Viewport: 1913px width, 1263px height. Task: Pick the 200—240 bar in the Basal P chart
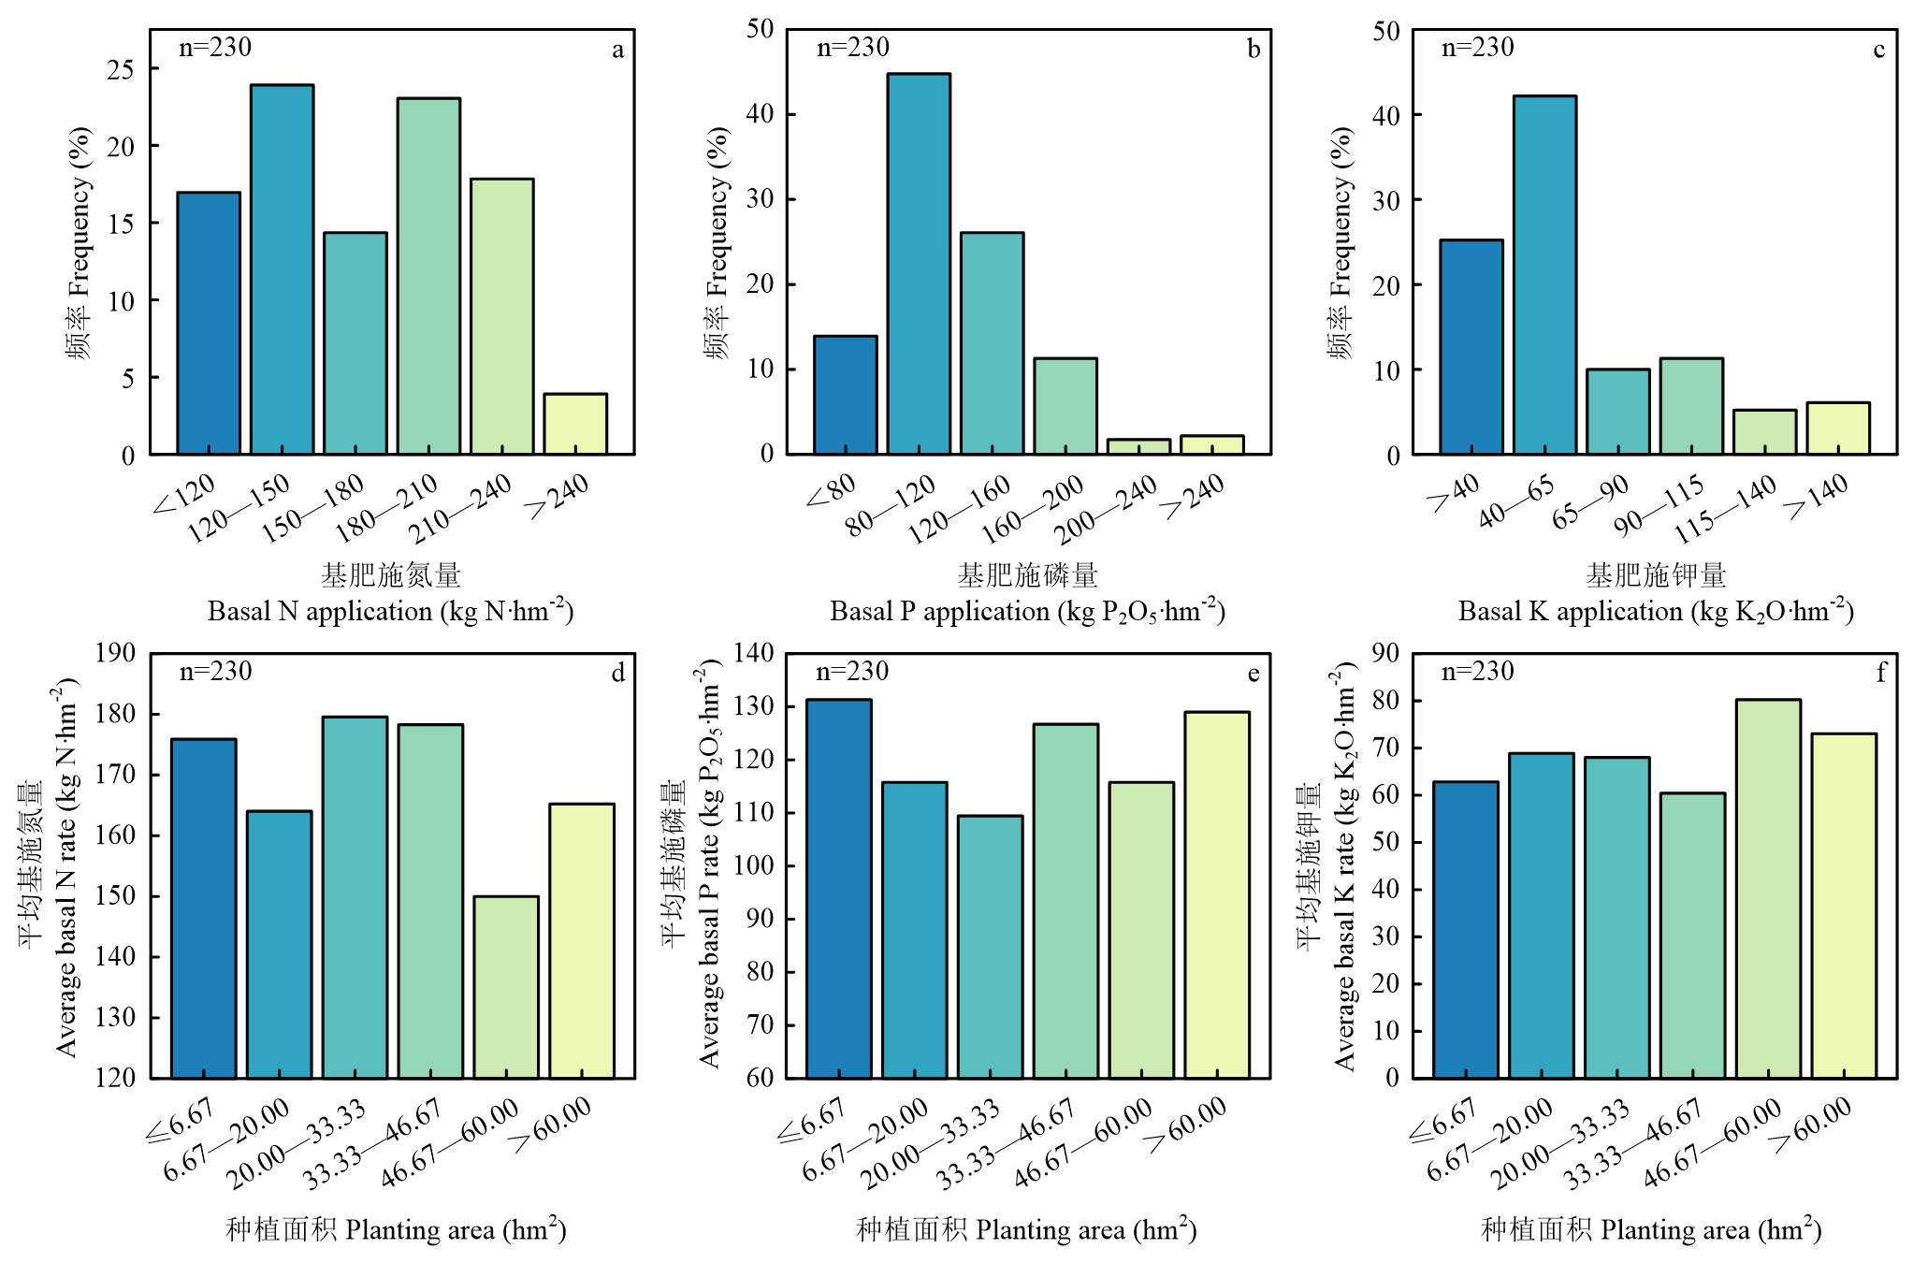click(1138, 446)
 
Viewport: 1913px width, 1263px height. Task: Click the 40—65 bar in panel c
click(1544, 275)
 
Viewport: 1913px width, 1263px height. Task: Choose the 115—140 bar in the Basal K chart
click(1764, 432)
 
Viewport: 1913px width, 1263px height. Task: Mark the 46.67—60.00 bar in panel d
click(505, 987)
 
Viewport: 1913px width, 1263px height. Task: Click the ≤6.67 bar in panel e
click(838, 889)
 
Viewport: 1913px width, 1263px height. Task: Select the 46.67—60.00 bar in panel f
click(1768, 889)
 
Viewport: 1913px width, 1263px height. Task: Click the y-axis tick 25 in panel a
click(121, 69)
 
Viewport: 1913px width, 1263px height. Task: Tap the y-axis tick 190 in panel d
click(115, 653)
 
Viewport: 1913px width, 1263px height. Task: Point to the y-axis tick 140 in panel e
click(754, 653)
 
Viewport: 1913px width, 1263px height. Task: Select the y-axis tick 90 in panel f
click(1385, 653)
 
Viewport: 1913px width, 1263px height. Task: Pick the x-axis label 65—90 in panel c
click(1590, 503)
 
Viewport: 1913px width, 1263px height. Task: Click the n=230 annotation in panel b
click(852, 48)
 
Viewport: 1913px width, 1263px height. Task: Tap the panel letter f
click(1881, 673)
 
